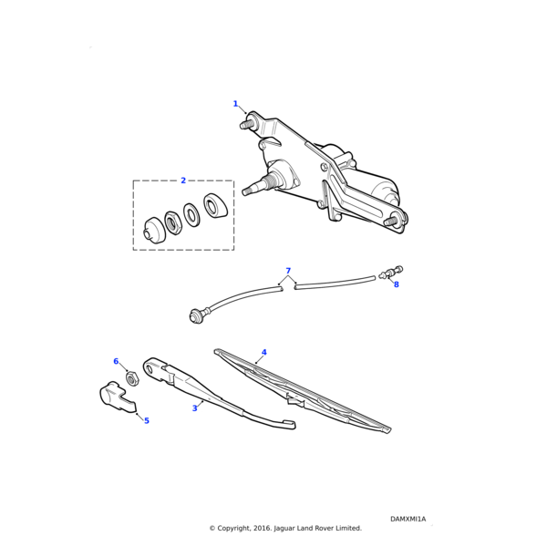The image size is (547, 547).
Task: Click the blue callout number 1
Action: tap(235, 104)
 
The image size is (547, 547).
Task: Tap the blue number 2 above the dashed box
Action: tap(183, 181)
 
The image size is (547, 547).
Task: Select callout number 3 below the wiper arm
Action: tap(195, 408)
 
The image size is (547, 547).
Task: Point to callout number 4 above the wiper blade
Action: tap(264, 352)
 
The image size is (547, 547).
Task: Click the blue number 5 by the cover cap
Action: tap(147, 420)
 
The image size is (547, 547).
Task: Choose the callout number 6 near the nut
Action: tap(116, 361)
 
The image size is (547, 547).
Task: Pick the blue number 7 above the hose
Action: tap(288, 271)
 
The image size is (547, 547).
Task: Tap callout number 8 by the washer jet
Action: tap(397, 284)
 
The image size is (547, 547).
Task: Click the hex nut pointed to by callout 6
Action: tap(131, 378)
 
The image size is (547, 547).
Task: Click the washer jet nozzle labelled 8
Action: tap(391, 273)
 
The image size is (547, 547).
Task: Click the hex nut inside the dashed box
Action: tap(171, 222)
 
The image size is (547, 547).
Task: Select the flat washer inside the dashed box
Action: tap(191, 214)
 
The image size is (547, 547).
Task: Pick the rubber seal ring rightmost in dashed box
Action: tap(215, 205)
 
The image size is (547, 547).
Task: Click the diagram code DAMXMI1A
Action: tap(408, 519)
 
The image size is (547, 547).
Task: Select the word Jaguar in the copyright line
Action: tap(284, 529)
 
